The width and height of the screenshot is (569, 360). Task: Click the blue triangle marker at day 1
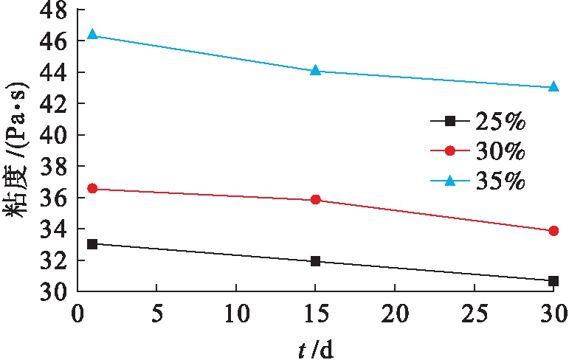point(92,35)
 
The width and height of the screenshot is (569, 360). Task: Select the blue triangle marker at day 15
point(316,70)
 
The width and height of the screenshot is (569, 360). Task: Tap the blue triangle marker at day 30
point(554,86)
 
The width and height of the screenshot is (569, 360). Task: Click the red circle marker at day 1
point(92,189)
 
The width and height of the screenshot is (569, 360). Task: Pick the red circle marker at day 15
point(316,200)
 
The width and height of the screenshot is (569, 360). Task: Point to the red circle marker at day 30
point(554,231)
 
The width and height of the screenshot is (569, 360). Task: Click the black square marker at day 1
point(92,243)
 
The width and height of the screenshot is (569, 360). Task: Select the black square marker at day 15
point(316,261)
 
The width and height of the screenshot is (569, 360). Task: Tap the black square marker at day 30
point(554,281)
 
